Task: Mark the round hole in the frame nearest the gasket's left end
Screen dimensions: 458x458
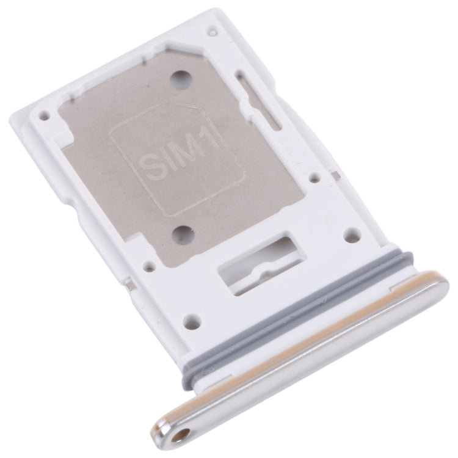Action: (191, 318)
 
